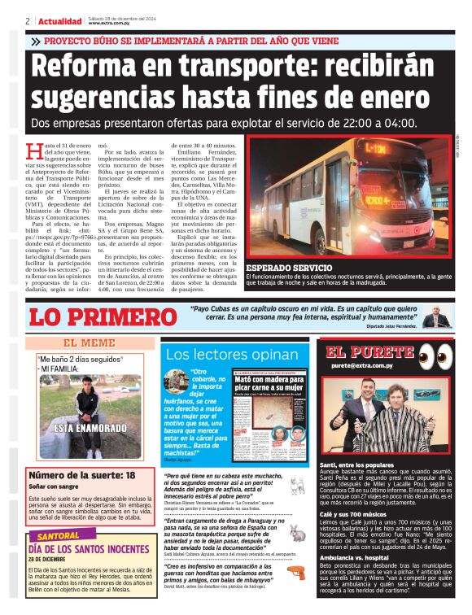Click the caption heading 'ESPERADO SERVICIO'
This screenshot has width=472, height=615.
point(289,267)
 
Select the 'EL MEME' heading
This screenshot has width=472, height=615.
point(89,342)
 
